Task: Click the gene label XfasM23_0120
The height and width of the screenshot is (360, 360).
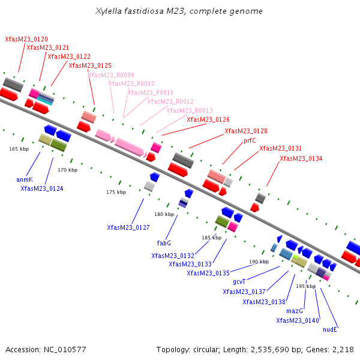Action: click(26, 39)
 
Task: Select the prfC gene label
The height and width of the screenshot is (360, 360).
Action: click(250, 140)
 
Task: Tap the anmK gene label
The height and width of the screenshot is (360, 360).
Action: click(25, 179)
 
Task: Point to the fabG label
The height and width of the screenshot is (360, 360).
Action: click(164, 243)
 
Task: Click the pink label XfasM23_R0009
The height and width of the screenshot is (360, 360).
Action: click(111, 75)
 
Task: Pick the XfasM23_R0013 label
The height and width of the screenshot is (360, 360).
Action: click(190, 110)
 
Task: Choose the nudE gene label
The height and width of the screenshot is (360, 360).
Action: click(330, 329)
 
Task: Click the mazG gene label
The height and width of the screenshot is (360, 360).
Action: click(295, 311)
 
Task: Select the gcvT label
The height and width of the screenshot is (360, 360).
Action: click(239, 282)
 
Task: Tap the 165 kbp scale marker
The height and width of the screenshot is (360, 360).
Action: click(19, 149)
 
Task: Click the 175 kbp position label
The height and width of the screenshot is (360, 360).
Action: click(116, 192)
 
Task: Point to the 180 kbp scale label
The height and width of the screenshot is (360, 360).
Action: click(164, 214)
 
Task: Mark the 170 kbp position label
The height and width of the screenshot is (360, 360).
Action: click(67, 170)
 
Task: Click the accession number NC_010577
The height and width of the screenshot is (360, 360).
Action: click(65, 350)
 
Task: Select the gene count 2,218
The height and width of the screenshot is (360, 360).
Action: click(343, 349)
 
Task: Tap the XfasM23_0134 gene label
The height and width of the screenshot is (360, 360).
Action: click(301, 158)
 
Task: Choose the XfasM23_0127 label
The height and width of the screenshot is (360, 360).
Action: click(128, 227)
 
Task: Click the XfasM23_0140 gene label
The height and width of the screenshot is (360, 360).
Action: click(298, 320)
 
